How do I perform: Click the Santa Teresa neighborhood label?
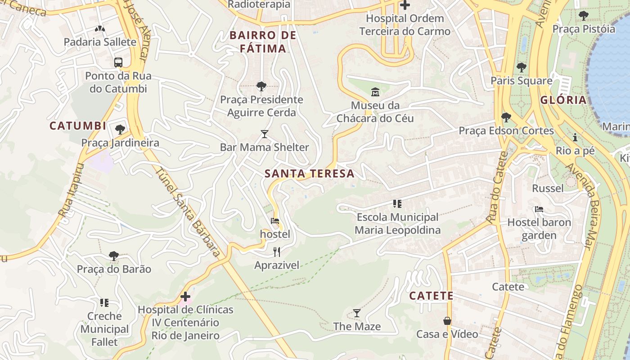[310, 173]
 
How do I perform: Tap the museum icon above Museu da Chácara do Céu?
[375, 92]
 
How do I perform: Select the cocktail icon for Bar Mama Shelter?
[265, 134]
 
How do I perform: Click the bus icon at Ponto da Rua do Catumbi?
[118, 63]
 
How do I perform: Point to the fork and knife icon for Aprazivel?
[277, 252]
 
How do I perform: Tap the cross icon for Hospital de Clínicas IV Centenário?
[185, 297]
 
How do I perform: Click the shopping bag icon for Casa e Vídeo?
[447, 321]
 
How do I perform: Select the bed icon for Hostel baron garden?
[539, 209]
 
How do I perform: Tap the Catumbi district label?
[78, 126]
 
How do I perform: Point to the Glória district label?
[563, 100]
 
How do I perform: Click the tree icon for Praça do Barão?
[114, 256]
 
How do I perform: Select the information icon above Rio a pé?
[575, 138]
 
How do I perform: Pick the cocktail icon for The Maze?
[357, 313]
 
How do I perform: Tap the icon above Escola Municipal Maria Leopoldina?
[397, 204]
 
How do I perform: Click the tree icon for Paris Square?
[521, 67]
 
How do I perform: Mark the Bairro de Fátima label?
[263, 42]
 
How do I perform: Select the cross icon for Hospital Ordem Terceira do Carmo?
[405, 5]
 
